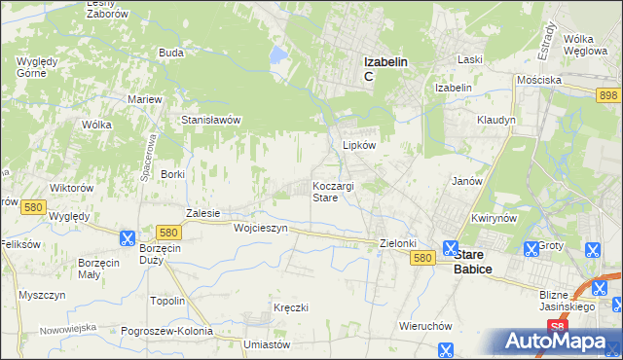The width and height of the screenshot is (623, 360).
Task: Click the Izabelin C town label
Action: click(x=385, y=68)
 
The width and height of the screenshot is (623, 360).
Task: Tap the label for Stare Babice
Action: click(x=472, y=261)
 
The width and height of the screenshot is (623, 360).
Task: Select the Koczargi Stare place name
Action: click(x=338, y=191)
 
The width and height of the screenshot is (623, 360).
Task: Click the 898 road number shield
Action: click(x=609, y=93)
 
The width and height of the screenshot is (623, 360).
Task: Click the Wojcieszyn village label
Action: click(x=261, y=228)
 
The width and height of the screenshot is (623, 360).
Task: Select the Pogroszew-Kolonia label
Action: click(x=166, y=331)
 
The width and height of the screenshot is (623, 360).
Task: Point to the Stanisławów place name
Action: click(x=211, y=120)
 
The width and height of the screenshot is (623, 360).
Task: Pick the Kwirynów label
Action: click(x=492, y=219)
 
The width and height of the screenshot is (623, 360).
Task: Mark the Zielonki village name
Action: click(x=397, y=243)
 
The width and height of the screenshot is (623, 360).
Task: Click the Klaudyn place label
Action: click(x=495, y=120)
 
